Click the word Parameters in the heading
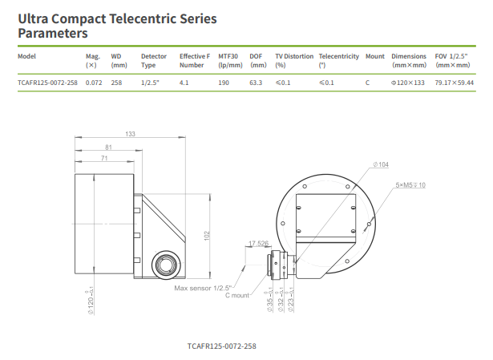[53, 34]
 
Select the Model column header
[27, 56]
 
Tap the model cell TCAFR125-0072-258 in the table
[47, 83]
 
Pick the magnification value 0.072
[94, 83]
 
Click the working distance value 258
[117, 83]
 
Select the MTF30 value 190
[224, 83]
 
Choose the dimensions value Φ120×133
[407, 83]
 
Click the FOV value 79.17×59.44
[455, 83]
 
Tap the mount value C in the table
[367, 83]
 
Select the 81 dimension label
[108, 147]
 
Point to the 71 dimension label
[104, 159]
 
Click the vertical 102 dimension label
[208, 235]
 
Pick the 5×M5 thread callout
[410, 185]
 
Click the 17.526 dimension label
[258, 243]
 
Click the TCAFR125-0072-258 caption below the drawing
[221, 346]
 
